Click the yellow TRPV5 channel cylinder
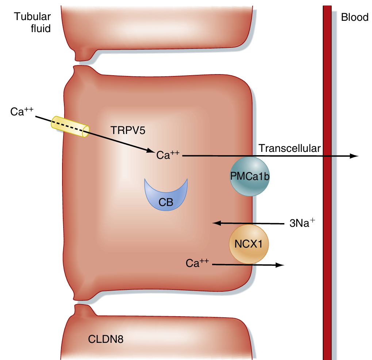(x=70, y=126)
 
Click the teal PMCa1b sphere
(x=250, y=177)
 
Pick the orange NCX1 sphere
(x=249, y=244)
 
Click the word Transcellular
(x=289, y=148)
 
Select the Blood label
(x=354, y=17)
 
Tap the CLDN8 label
(x=106, y=339)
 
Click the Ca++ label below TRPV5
(x=168, y=155)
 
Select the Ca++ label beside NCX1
(x=197, y=263)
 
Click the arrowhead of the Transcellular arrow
(x=354, y=156)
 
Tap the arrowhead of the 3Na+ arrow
(x=216, y=223)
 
